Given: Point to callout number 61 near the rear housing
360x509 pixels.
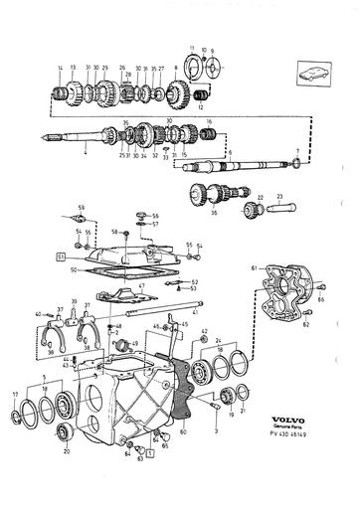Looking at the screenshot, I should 254,269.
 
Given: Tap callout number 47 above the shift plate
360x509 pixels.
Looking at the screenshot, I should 141,285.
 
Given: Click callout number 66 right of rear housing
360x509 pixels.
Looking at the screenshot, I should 321,298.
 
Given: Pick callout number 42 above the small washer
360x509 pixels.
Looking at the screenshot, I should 204,330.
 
